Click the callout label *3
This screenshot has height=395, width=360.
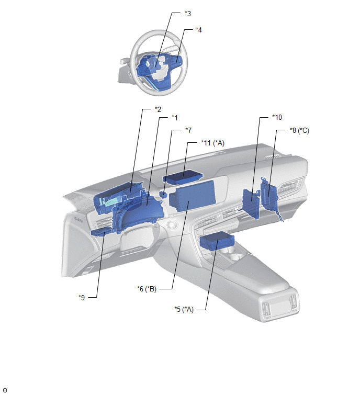188,14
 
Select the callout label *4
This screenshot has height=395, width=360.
199,30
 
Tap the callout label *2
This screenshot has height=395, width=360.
158,109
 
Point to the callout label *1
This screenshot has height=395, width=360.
175,118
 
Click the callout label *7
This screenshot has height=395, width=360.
188,130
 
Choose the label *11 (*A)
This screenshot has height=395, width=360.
212,143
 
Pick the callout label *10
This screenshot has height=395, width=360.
277,117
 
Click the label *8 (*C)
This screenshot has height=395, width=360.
299,130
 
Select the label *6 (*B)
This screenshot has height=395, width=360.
147,289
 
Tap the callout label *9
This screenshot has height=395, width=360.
82,298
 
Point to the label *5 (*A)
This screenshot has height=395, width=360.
184,309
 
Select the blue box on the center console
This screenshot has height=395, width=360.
217,241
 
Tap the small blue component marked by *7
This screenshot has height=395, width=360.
163,194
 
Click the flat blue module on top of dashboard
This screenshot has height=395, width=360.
183,177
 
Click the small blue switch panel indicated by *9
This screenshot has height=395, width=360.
102,231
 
